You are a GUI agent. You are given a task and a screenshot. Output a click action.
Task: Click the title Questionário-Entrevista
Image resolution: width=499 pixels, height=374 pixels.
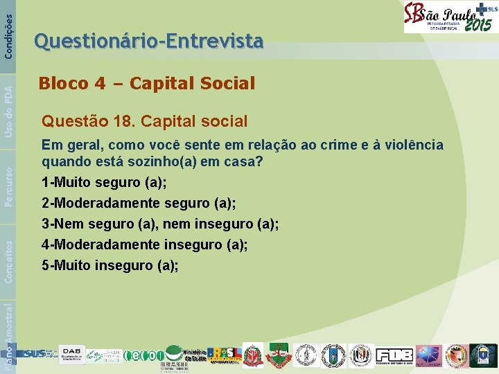(149, 42)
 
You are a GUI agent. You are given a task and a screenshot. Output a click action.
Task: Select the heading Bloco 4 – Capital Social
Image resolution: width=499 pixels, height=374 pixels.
(147, 84)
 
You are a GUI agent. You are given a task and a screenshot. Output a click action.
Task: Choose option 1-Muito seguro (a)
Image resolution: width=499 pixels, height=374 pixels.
(104, 184)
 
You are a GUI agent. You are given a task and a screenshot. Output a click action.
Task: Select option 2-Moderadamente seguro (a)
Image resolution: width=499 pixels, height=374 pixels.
(139, 204)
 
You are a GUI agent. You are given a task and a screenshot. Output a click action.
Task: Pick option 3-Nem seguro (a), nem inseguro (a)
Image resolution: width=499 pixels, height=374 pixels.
(160, 224)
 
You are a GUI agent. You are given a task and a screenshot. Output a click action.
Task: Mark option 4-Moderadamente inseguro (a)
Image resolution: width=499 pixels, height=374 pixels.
(144, 244)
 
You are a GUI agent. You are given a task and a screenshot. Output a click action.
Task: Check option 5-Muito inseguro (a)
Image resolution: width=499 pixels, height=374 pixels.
(110, 265)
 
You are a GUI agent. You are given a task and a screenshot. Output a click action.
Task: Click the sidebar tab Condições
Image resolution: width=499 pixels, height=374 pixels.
(8, 28)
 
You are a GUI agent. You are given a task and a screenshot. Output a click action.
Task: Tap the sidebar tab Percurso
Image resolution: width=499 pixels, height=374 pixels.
(8, 184)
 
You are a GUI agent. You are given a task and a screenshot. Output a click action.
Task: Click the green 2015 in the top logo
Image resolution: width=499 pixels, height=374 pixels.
(478, 25)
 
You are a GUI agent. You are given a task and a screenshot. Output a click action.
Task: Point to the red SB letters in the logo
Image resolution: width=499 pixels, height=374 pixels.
(414, 17)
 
